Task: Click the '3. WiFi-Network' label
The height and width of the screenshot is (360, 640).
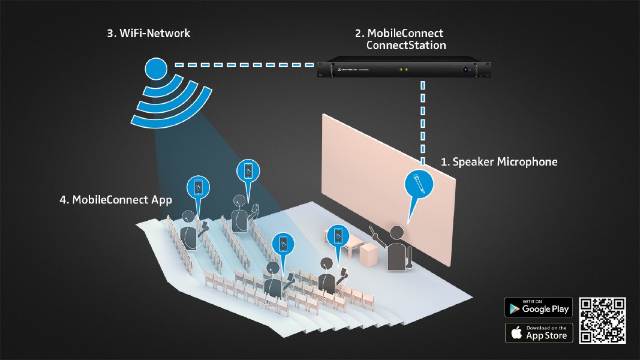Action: (x=149, y=34)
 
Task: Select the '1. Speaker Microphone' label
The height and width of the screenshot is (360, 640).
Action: (x=499, y=162)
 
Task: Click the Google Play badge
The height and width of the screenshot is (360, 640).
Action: (x=538, y=307)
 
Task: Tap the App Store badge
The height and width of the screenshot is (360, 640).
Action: (x=538, y=332)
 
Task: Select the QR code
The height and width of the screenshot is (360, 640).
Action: (x=602, y=320)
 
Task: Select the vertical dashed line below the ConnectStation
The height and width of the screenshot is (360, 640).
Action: (x=423, y=120)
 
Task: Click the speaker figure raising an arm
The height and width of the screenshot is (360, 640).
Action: (x=395, y=248)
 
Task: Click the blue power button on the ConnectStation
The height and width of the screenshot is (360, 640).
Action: (x=464, y=70)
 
